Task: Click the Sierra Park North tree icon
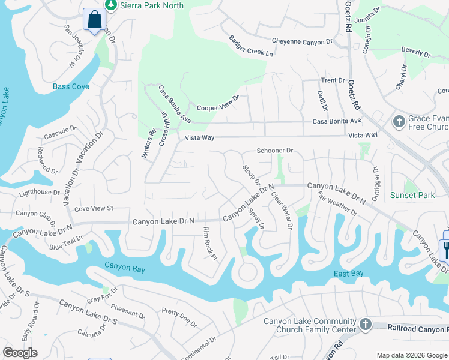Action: (110, 5)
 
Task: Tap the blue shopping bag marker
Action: (94, 20)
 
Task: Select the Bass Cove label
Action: (71, 86)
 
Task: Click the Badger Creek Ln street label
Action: (250, 46)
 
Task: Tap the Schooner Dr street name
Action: (274, 151)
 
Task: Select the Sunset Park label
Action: (412, 195)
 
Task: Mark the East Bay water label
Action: (349, 274)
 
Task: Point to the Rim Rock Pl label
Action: (209, 243)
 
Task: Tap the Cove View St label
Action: (93, 208)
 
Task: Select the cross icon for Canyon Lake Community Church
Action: (364, 325)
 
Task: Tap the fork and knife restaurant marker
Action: (445, 248)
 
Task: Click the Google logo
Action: (20, 353)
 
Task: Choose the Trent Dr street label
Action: (333, 80)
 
